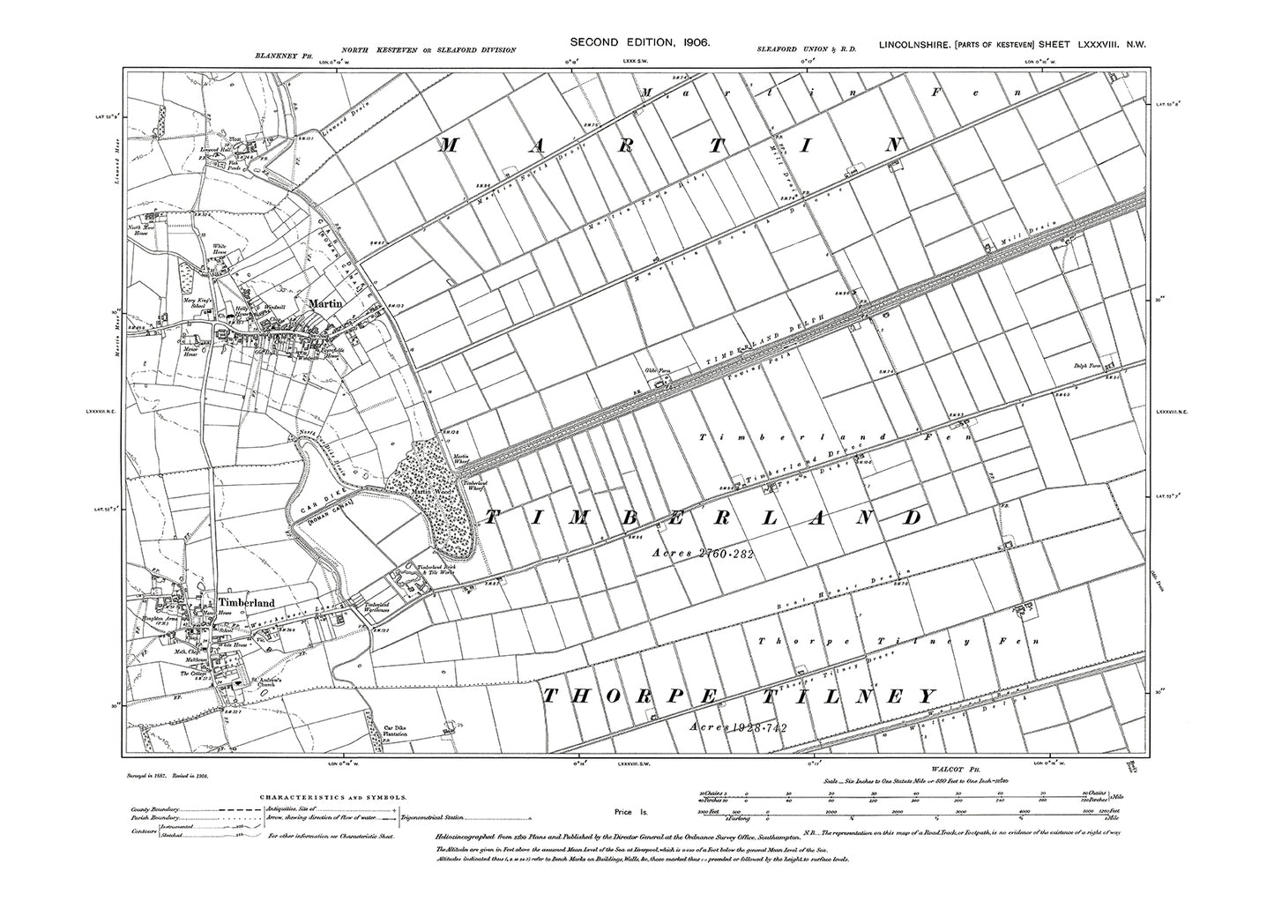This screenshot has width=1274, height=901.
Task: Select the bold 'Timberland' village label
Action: point(247,602)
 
